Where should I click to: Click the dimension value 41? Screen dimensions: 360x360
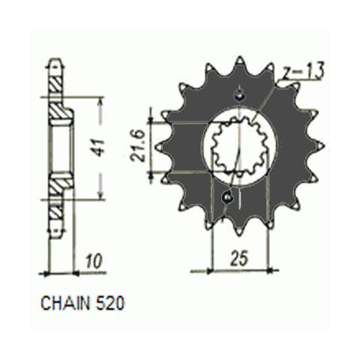(x=100, y=148)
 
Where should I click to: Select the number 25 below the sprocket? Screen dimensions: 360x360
(x=239, y=258)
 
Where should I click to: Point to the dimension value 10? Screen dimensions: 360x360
(x=93, y=261)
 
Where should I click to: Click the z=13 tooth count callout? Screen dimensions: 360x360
(x=303, y=70)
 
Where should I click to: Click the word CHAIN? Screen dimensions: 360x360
(x=65, y=303)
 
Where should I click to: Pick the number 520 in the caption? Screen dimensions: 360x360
(x=109, y=303)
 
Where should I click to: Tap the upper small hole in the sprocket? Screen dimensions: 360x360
(x=240, y=94)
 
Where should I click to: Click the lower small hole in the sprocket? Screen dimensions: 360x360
(x=228, y=198)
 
